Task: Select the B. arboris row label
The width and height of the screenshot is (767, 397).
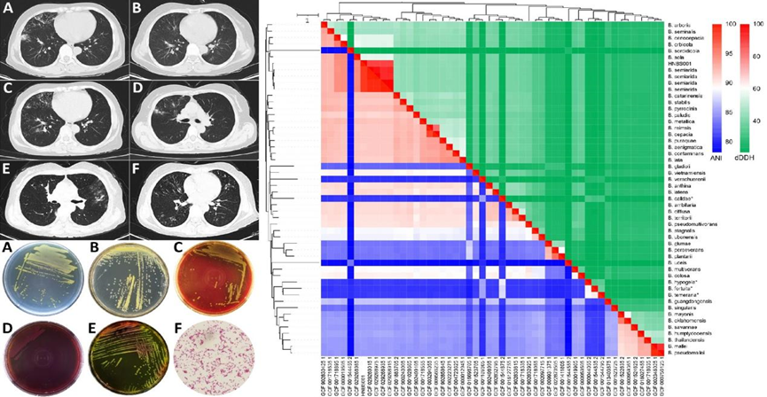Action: (x=681, y=26)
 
